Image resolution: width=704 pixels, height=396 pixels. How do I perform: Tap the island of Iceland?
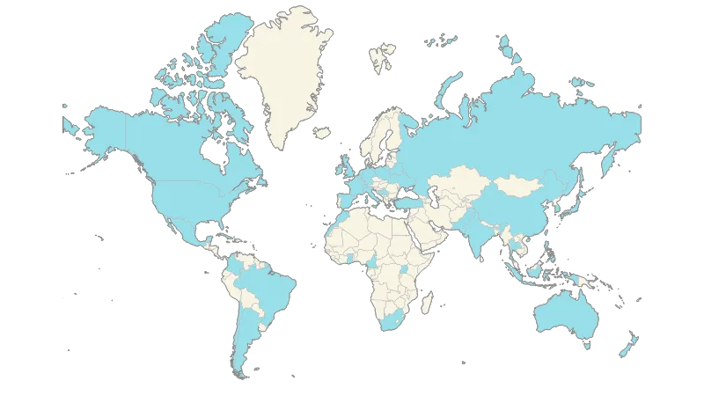point(321,134)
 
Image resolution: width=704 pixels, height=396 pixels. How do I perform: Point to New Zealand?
point(628,345)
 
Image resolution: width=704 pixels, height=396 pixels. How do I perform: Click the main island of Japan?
point(579,204)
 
